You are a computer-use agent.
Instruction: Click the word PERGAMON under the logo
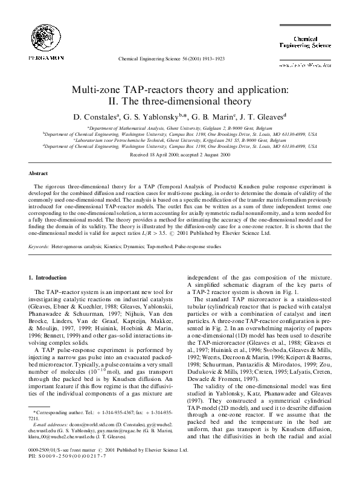pyautogui.click(x=39, y=58)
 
